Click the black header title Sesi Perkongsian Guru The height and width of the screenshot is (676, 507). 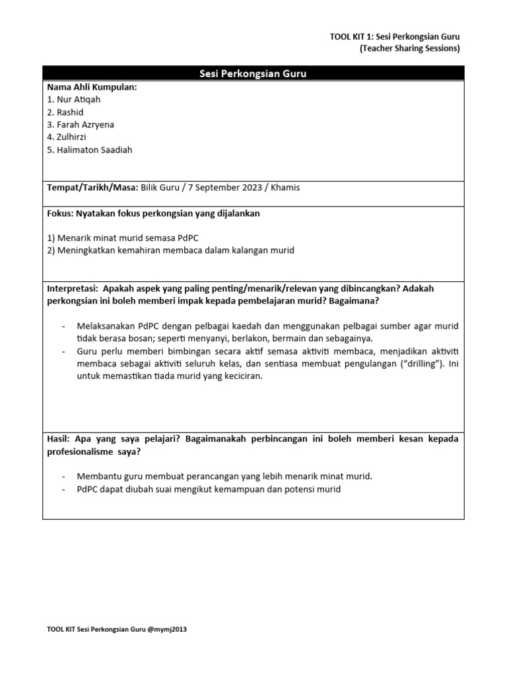coord(253,74)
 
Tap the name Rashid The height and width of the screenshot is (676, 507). coord(71,112)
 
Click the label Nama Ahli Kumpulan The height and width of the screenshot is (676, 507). coord(92,87)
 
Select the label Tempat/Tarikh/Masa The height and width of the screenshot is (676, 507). coord(92,187)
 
